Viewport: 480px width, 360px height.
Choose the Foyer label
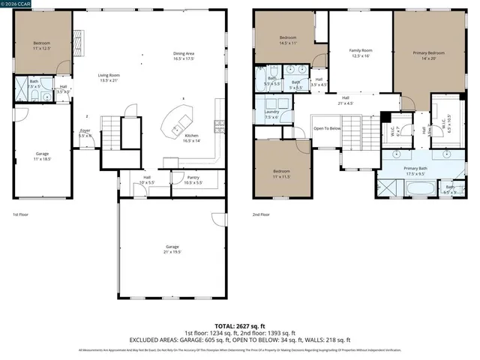pos(85,133)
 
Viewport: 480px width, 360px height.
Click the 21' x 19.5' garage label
pos(172,249)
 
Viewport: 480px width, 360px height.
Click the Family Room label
pos(360,53)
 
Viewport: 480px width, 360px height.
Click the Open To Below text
pos(327,128)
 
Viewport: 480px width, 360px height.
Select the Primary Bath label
pos(415,171)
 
